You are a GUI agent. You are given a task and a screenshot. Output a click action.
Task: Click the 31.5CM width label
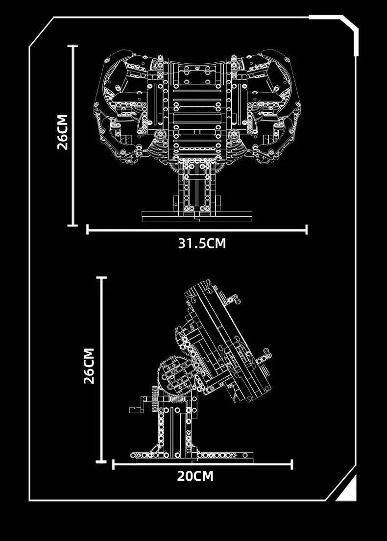(202, 243)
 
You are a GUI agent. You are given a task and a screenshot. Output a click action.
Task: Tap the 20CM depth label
(195, 476)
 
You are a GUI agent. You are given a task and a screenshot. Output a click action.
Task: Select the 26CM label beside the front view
(62, 132)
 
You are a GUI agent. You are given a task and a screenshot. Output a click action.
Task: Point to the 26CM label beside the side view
(89, 366)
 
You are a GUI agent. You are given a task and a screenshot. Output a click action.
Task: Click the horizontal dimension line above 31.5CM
(197, 229)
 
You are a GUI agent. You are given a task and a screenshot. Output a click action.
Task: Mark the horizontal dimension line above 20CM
(202, 464)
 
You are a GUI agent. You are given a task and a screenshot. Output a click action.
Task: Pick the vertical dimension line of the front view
(73, 136)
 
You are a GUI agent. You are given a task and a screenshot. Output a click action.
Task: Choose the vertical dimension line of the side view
(101, 369)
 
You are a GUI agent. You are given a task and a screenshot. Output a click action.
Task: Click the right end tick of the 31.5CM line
(307, 229)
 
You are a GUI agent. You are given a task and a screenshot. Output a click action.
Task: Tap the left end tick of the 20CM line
(114, 464)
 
